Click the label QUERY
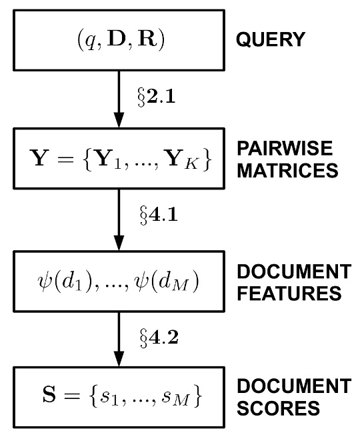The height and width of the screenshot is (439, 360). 269,40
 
